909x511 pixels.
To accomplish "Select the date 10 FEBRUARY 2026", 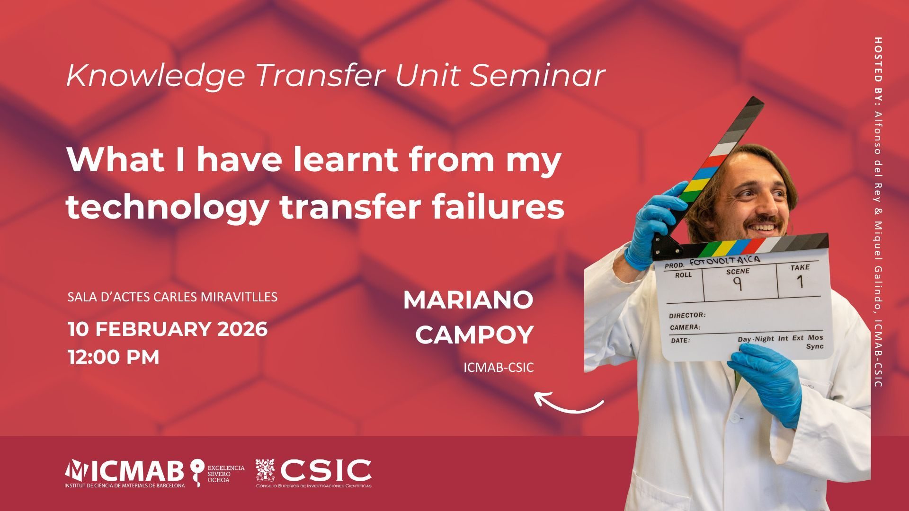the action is pos(168,329).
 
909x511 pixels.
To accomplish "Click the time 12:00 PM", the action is pos(114,357).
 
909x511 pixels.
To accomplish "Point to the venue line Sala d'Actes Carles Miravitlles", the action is pos(172,297).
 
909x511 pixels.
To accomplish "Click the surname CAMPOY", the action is pos(474,335).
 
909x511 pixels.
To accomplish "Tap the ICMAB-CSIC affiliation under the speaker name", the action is pos(499,368).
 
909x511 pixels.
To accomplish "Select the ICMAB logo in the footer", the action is pos(125,473).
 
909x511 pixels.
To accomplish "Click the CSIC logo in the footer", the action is pos(313,473).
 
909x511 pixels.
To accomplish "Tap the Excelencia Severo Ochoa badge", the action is pos(217,473).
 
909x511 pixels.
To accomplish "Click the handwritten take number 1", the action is pos(801,282).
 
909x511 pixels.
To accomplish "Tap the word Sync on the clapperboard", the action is pos(814,346).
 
